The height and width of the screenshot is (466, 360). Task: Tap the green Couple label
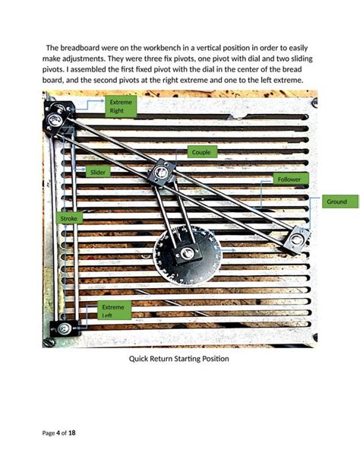[x=201, y=152]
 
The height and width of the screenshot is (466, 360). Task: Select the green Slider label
[x=98, y=172]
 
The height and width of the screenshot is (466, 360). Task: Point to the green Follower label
[x=289, y=179]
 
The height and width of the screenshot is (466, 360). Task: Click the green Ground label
[x=336, y=201]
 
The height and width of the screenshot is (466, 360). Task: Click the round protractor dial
[x=185, y=258]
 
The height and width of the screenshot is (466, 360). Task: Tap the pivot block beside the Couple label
[x=160, y=173]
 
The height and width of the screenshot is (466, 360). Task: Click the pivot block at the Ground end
[x=297, y=239]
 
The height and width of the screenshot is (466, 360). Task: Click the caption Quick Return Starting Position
[x=179, y=359]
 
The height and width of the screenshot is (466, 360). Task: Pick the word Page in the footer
[x=49, y=433]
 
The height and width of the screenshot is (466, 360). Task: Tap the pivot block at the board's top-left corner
[x=55, y=119]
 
